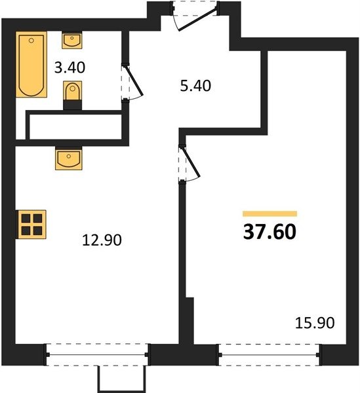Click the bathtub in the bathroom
tap(31, 64)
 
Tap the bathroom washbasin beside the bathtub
tap(72, 40)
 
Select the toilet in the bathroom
tap(73, 91)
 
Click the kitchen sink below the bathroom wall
tap(68, 159)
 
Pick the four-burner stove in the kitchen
tap(31, 224)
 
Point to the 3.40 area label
tap(70, 67)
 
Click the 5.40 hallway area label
tap(195, 86)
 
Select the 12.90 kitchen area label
tap(102, 240)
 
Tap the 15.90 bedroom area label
tap(315, 322)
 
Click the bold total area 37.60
tap(270, 232)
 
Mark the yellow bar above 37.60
tap(270, 214)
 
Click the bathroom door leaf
tap(134, 81)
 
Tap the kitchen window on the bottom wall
tap(97, 354)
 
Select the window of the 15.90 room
tap(270, 354)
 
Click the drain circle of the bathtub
tap(31, 41)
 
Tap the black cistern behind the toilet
tap(73, 105)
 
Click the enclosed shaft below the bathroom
tap(75, 127)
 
